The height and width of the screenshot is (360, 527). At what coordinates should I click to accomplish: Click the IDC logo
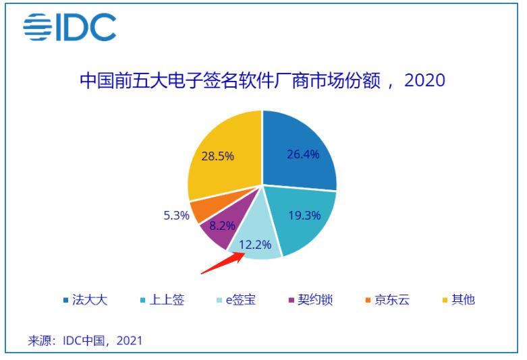click(x=70, y=28)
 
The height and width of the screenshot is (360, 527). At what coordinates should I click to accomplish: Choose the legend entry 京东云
click(x=387, y=299)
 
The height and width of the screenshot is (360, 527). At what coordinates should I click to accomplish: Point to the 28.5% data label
click(x=217, y=156)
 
